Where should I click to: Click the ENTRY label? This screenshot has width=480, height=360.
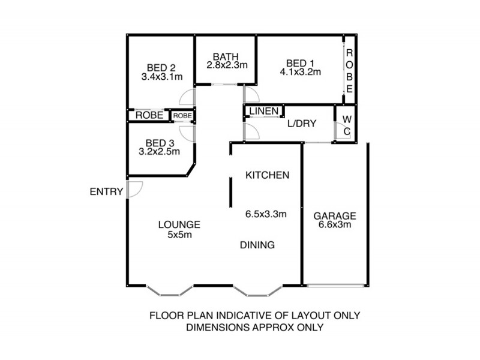[x=106, y=192]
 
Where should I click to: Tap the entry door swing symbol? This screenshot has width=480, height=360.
[x=134, y=189]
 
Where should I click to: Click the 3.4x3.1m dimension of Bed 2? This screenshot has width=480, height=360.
[x=161, y=77]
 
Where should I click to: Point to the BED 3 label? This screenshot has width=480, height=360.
[x=160, y=143]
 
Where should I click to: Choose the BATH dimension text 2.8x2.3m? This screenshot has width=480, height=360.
[x=227, y=65]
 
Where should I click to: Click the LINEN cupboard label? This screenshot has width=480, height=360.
[x=263, y=111]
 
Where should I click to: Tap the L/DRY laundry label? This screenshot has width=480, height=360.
[x=302, y=124]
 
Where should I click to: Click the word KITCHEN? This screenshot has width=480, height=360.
[x=268, y=175]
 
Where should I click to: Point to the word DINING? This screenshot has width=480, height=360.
[x=257, y=245]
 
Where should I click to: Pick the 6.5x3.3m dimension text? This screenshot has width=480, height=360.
[x=265, y=214]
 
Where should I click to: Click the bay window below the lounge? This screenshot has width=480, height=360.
[x=170, y=292]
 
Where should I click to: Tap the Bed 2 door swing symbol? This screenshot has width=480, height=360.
[x=188, y=97]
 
